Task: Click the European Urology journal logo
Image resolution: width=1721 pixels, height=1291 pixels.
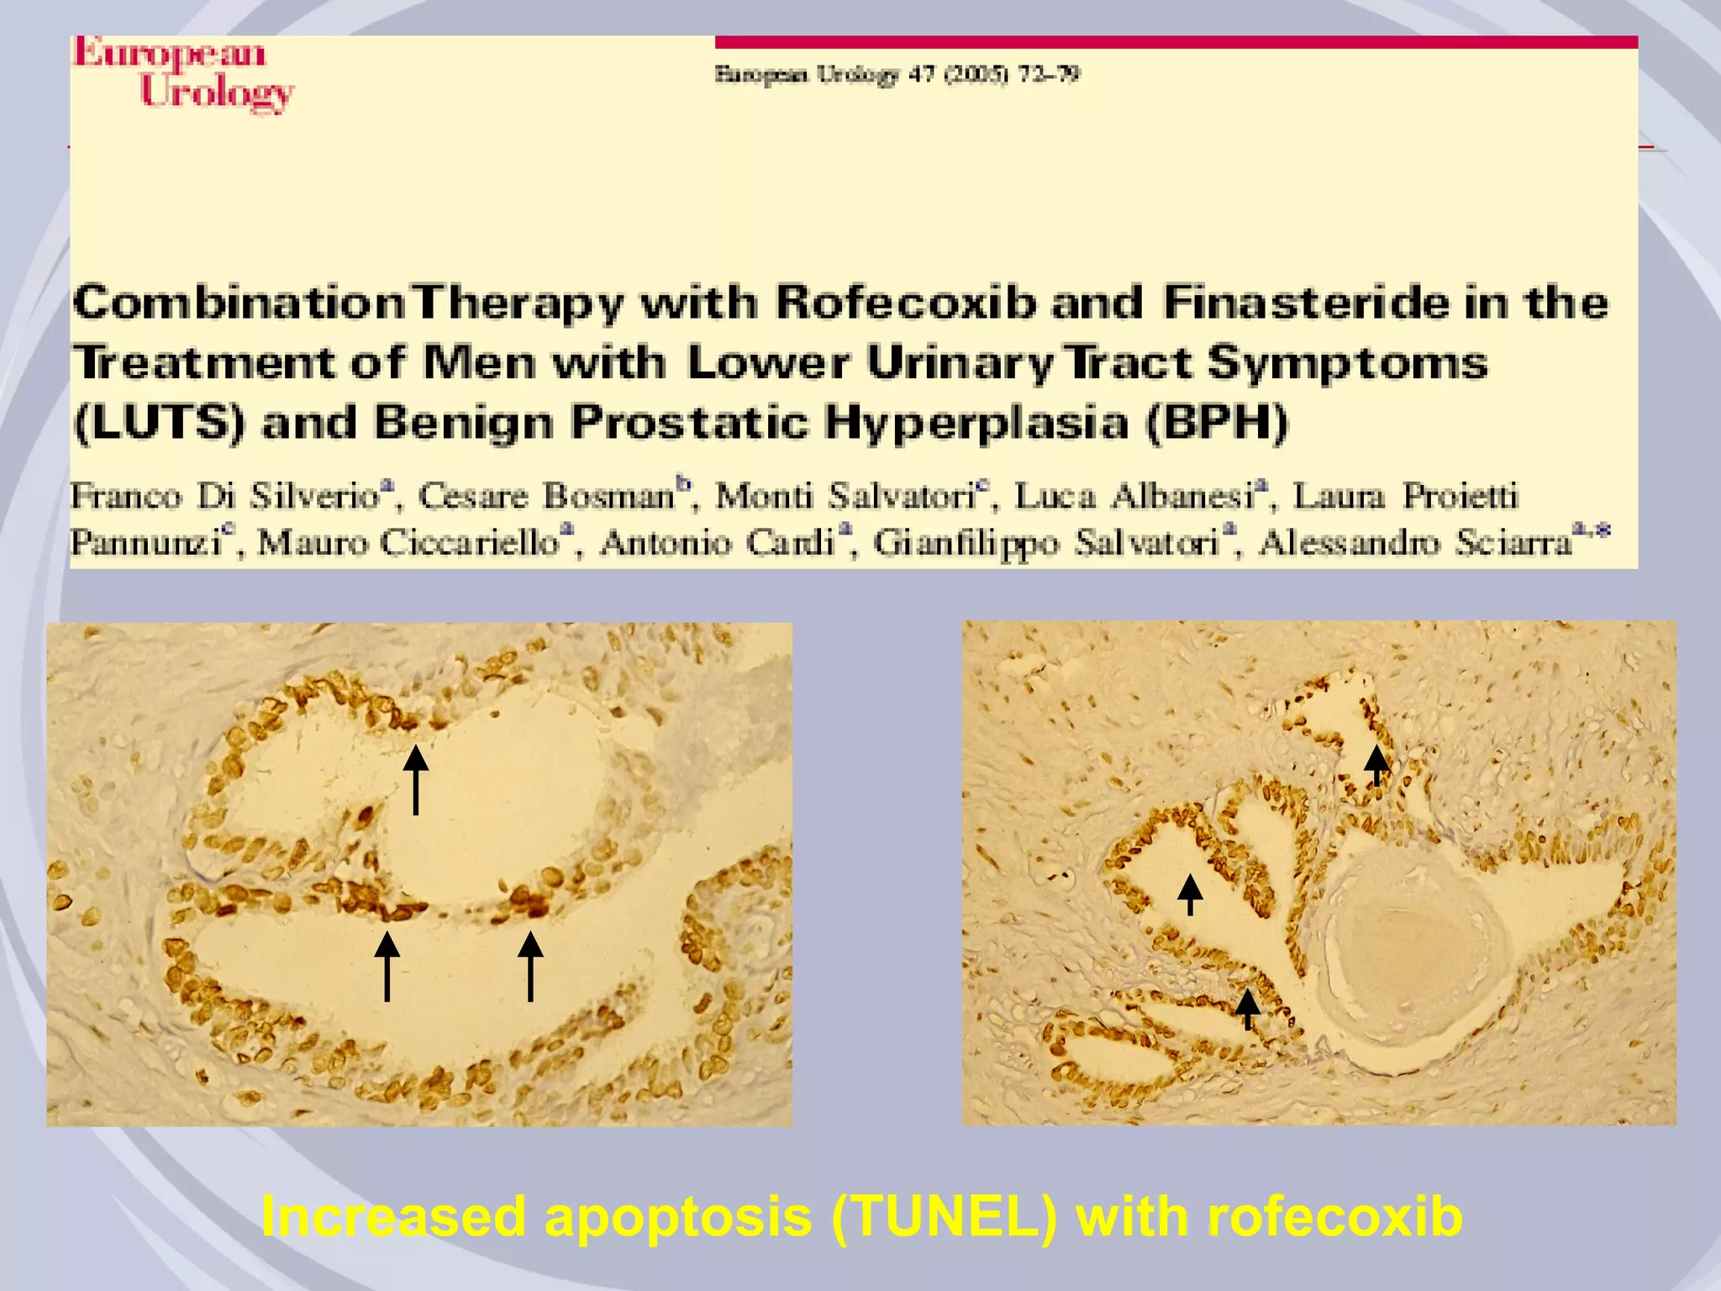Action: point(183,74)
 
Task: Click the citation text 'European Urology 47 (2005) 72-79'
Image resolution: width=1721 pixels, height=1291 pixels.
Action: point(897,75)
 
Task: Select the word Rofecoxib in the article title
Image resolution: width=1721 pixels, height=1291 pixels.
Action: point(905,303)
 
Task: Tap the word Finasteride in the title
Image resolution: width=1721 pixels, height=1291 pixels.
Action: point(1306,303)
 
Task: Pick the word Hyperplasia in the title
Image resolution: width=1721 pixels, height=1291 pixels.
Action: point(976,422)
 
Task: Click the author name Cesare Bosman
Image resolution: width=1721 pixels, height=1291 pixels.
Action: point(546,496)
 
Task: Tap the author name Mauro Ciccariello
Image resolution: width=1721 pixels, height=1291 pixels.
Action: point(408,542)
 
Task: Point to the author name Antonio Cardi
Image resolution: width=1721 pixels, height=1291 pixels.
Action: point(717,542)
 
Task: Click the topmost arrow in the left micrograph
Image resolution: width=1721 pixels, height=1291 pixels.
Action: point(415,779)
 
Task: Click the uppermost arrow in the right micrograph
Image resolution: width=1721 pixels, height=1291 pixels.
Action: point(1376,765)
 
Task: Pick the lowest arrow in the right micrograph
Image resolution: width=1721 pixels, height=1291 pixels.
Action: point(1248,1009)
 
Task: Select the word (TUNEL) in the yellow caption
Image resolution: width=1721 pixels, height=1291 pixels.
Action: point(944,1215)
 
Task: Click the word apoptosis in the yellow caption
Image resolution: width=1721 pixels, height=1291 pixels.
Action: point(678,1217)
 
